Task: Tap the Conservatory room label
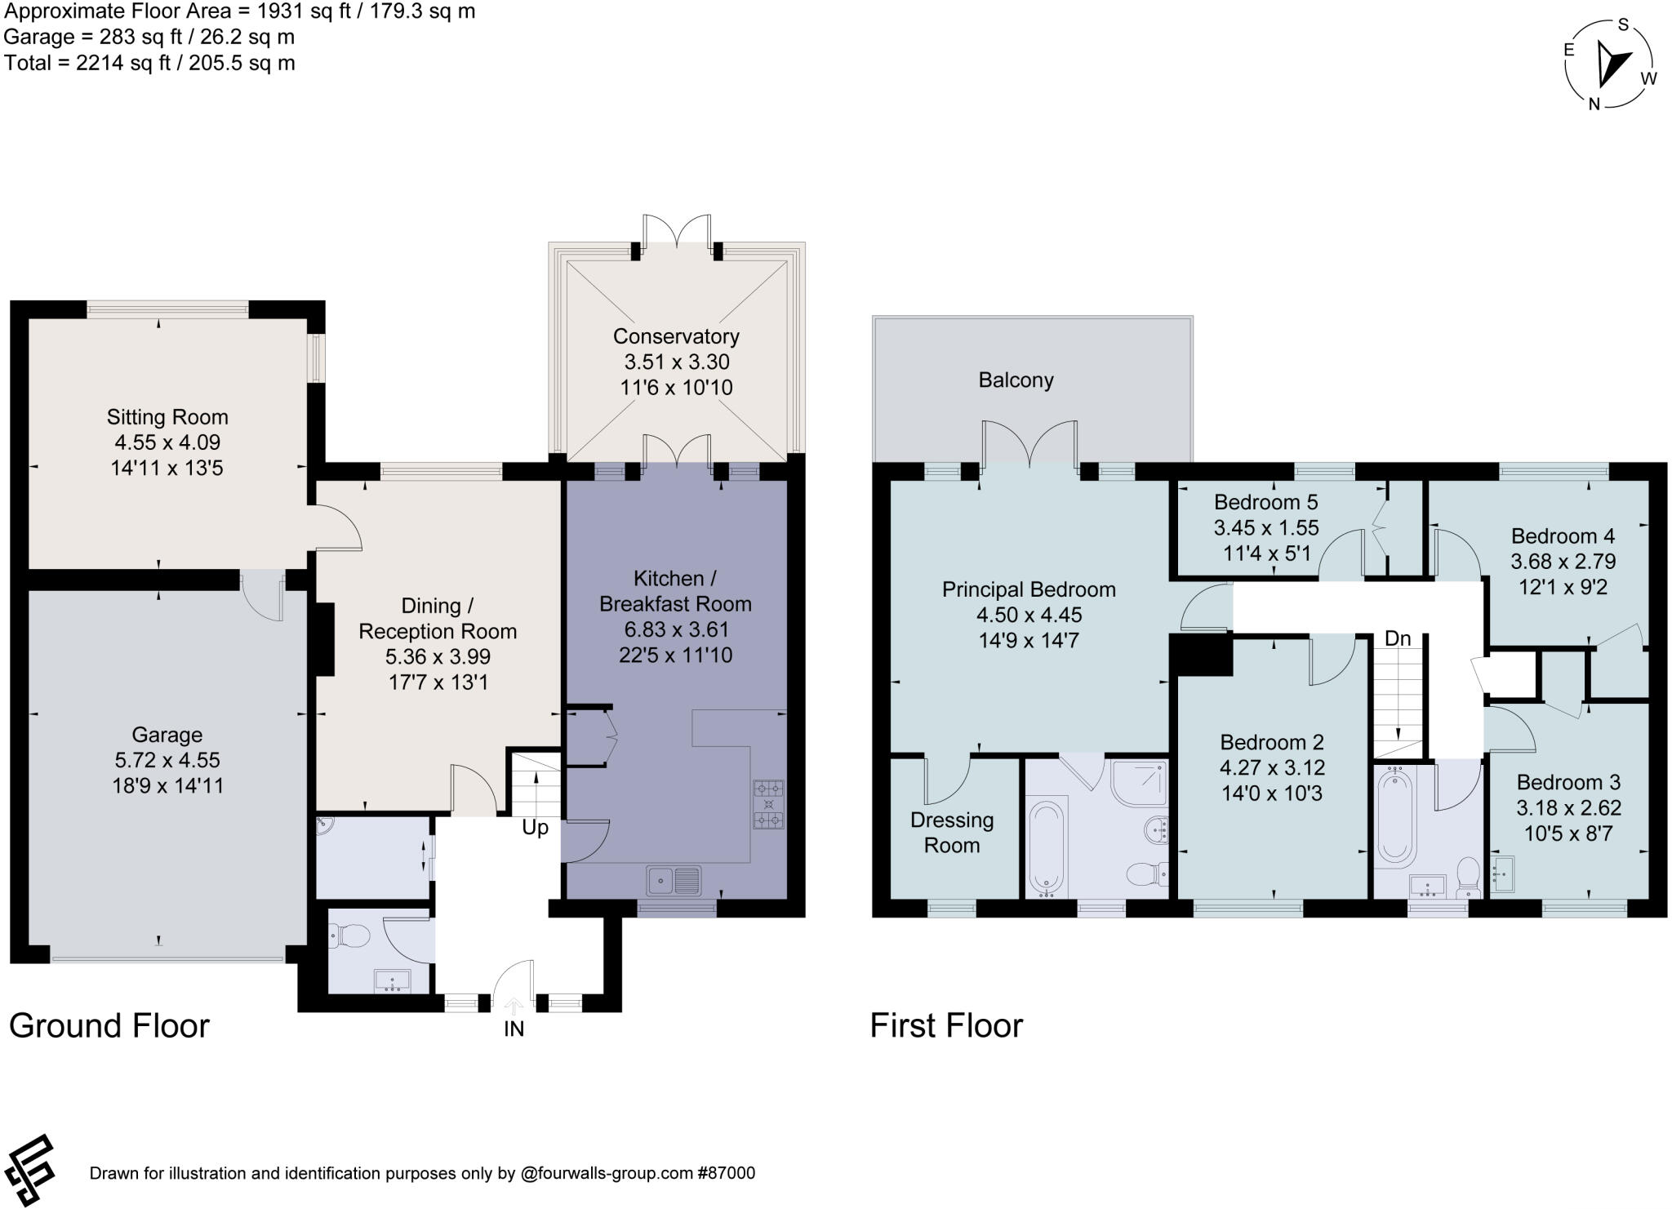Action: pyautogui.click(x=675, y=336)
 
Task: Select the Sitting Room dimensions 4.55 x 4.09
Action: pyautogui.click(x=167, y=442)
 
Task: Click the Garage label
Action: pyautogui.click(x=167, y=735)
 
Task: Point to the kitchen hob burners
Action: pyautogui.click(x=768, y=804)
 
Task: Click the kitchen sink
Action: pyautogui.click(x=674, y=881)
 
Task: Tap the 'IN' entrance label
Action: pyautogui.click(x=514, y=1029)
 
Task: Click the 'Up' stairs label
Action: pyautogui.click(x=535, y=828)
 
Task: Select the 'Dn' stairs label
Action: pyautogui.click(x=1398, y=639)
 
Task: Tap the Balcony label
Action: pyautogui.click(x=1016, y=380)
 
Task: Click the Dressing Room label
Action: pyautogui.click(x=952, y=833)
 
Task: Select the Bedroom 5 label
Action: pyautogui.click(x=1265, y=502)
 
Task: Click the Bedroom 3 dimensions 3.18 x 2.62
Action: pyautogui.click(x=1568, y=808)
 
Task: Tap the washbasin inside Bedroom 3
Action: pyautogui.click(x=1502, y=871)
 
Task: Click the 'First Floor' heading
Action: pyautogui.click(x=945, y=1026)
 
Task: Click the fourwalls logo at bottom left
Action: pyautogui.click(x=29, y=1169)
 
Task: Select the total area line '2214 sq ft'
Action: pyautogui.click(x=149, y=63)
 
